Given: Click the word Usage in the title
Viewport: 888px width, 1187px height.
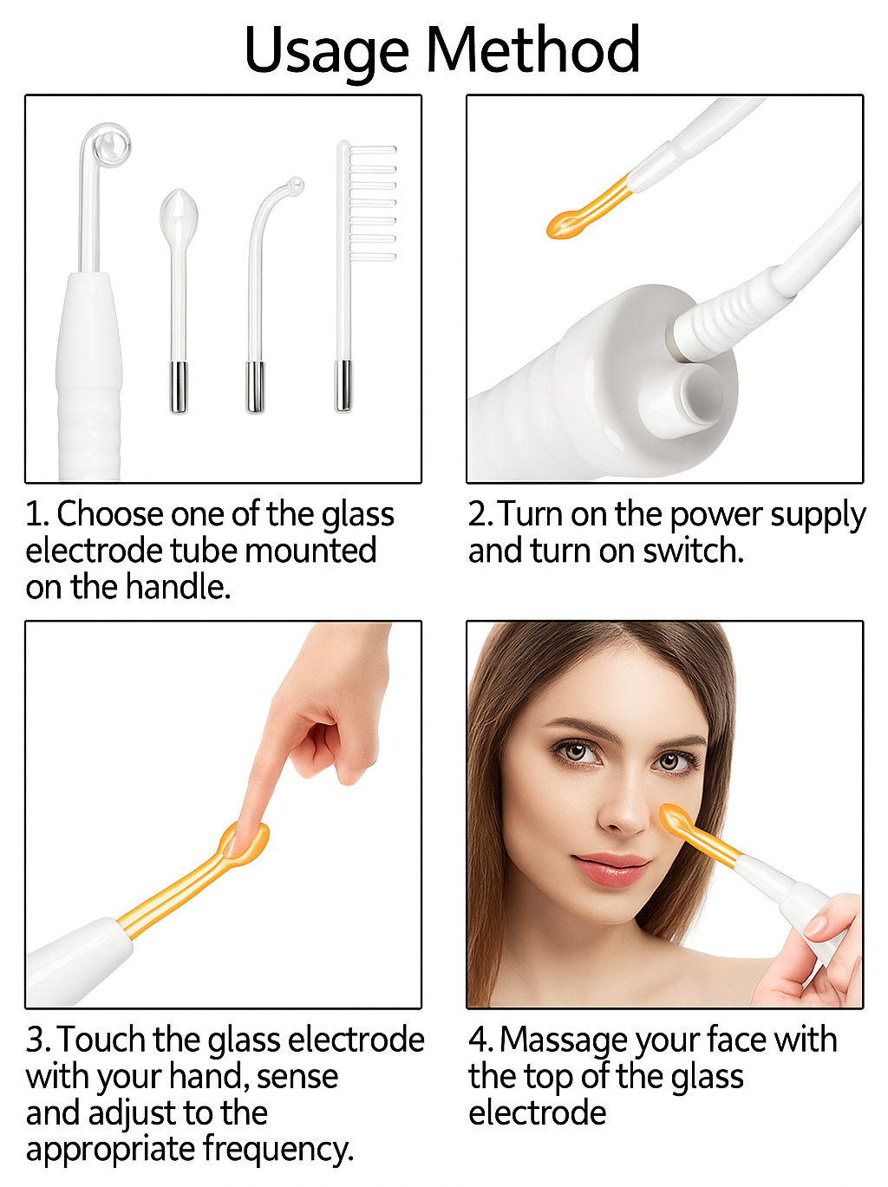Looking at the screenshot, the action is pos(327,51).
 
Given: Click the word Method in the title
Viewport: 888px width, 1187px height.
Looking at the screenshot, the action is pos(533,49).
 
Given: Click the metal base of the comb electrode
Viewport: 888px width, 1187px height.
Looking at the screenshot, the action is pos(343,386).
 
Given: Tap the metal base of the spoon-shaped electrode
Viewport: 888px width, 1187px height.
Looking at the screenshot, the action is pos(179,388).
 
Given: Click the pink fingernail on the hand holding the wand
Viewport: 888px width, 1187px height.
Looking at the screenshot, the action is pos(816,928).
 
